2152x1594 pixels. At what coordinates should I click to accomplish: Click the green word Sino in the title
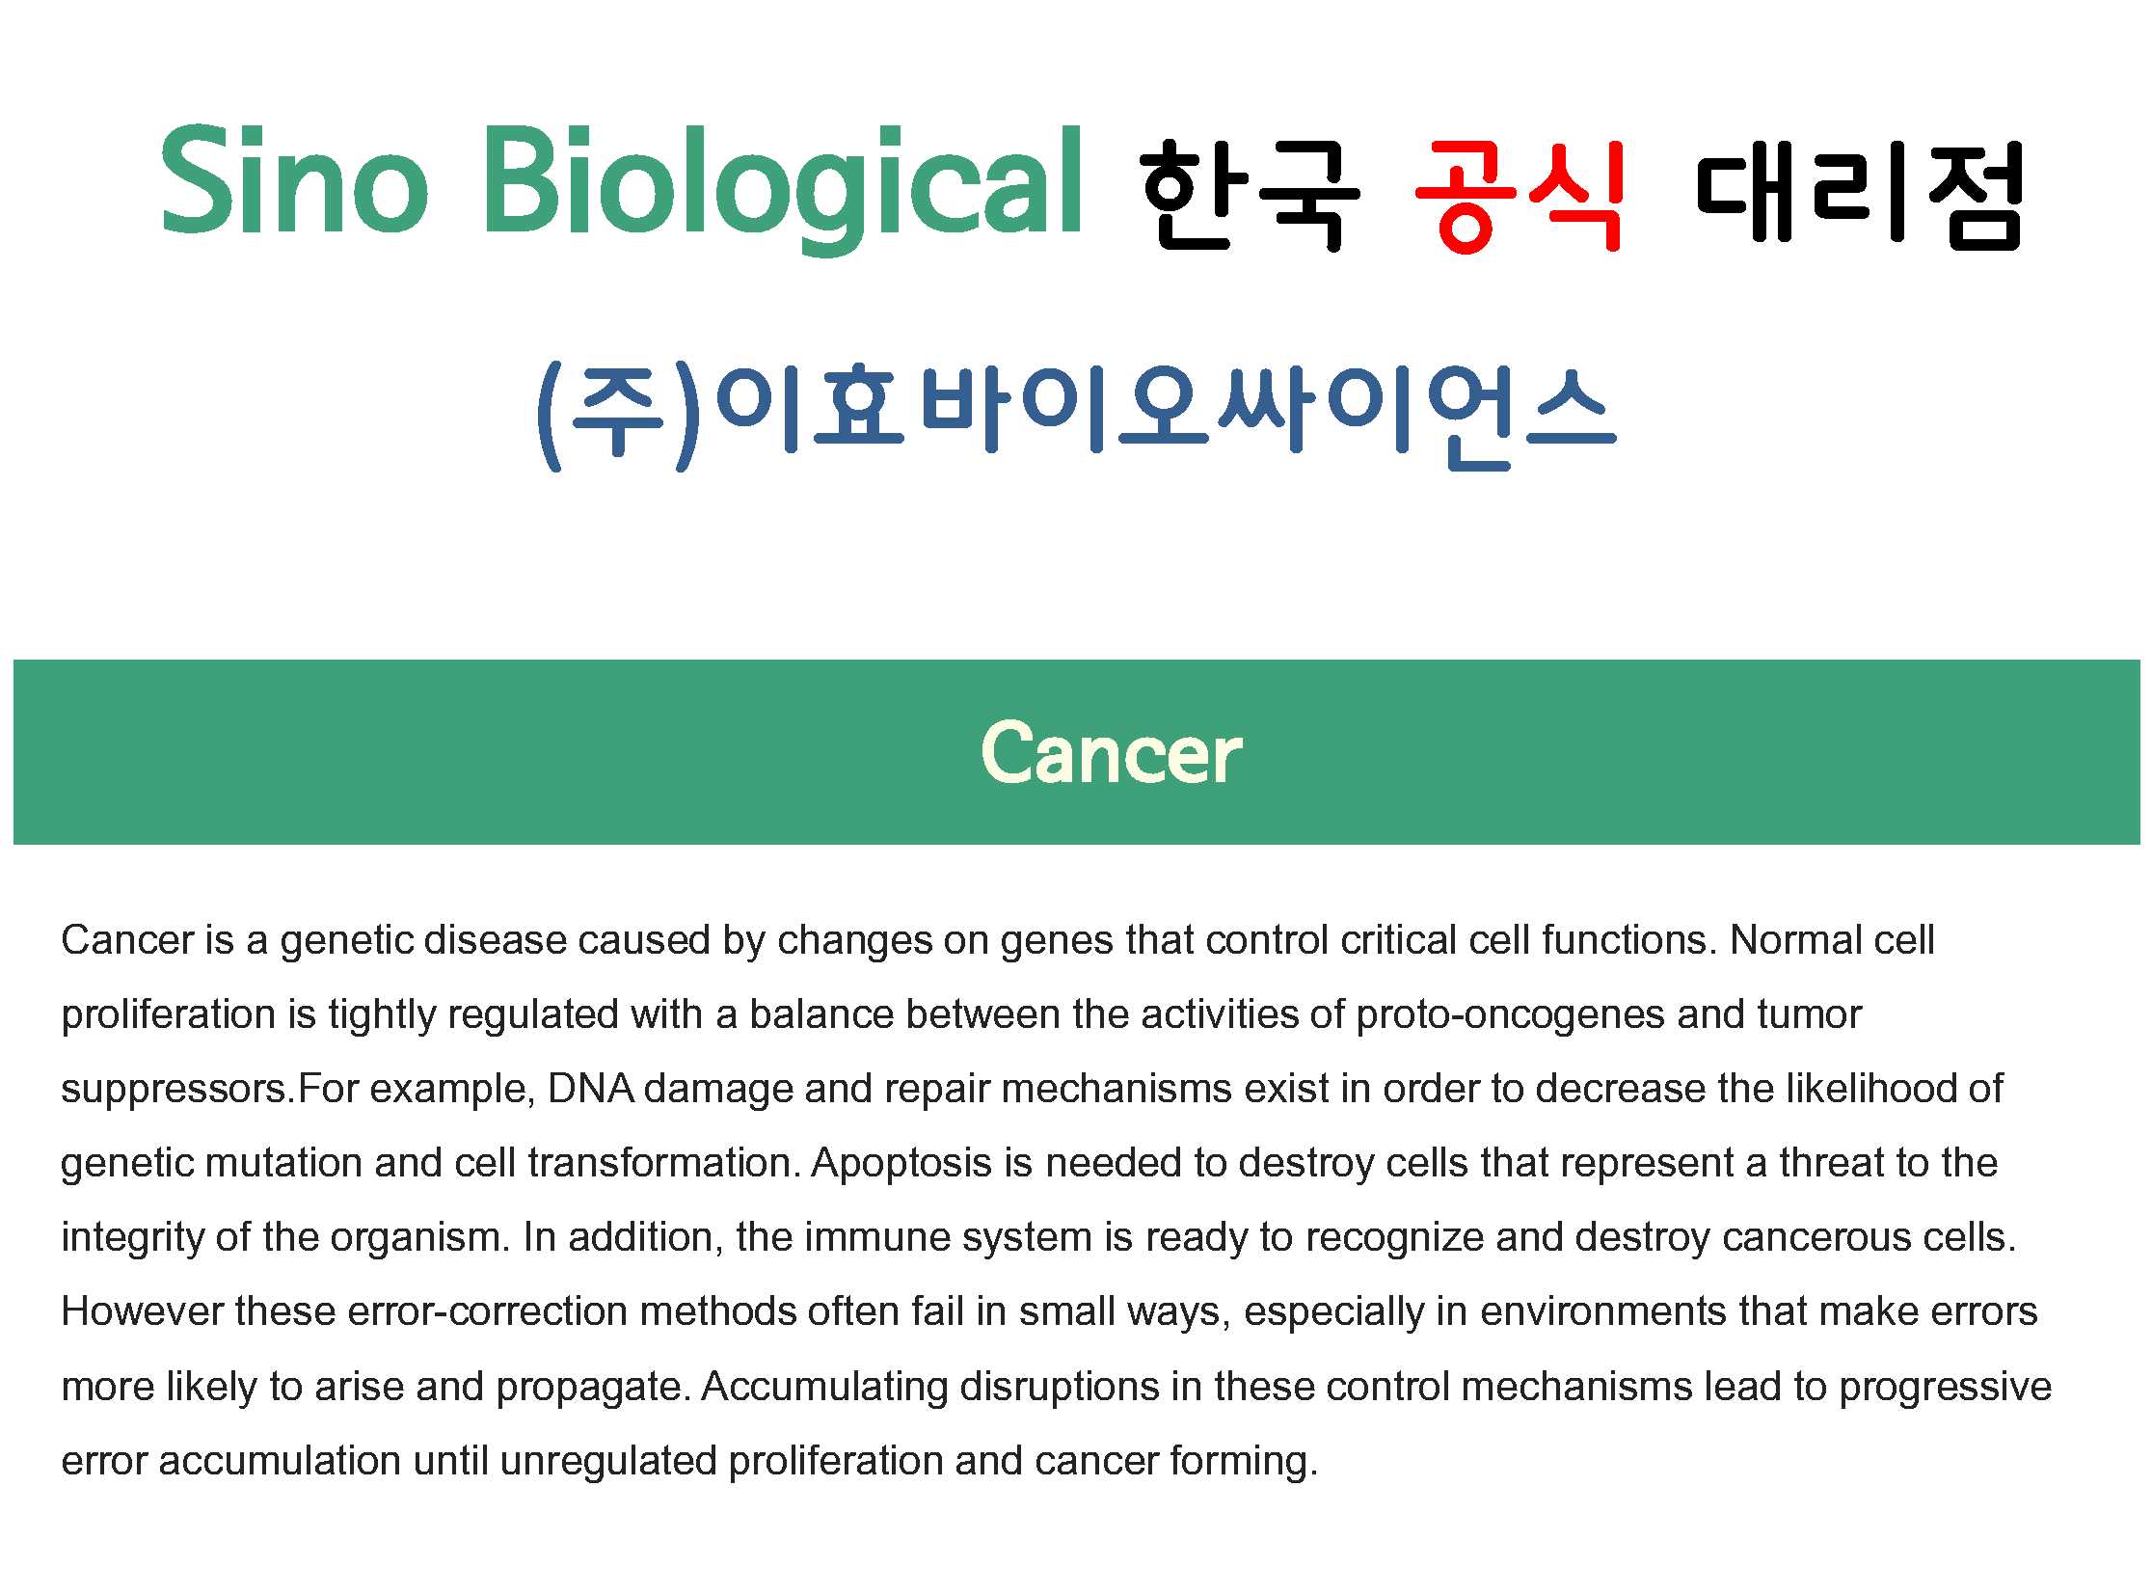tap(294, 180)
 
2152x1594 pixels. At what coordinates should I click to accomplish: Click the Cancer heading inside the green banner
tap(1112, 753)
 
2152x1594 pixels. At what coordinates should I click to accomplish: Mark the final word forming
tap(1244, 1462)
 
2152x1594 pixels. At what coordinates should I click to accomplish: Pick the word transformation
tap(665, 1163)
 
